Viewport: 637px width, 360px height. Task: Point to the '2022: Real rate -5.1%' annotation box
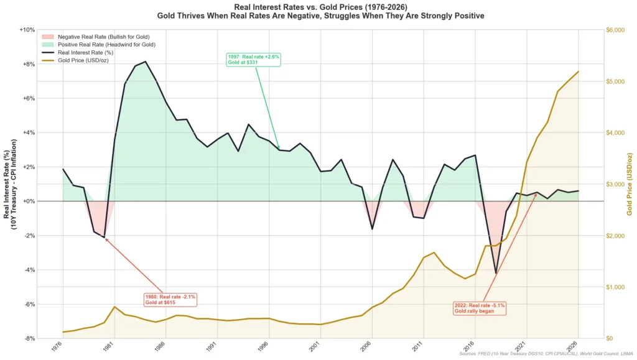tap(480, 308)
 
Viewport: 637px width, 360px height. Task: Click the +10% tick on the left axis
tap(27, 30)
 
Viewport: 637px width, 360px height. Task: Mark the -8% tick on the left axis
tap(29, 338)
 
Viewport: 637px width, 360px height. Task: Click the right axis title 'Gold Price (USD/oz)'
tap(630, 185)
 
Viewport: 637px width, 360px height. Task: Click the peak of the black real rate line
tap(146, 62)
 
